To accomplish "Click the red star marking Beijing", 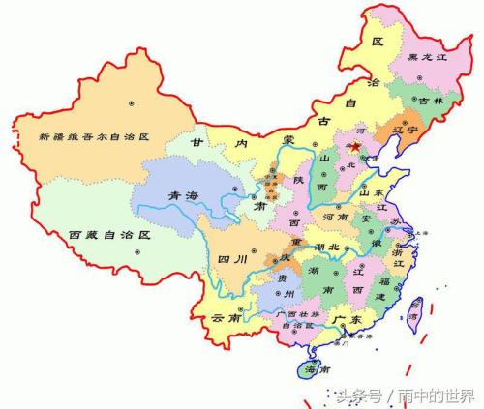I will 356,146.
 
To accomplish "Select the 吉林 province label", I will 427,101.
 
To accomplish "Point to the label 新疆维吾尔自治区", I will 95,138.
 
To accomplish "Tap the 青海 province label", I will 185,196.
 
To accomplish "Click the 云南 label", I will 225,318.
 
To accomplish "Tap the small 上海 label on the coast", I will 420,233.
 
